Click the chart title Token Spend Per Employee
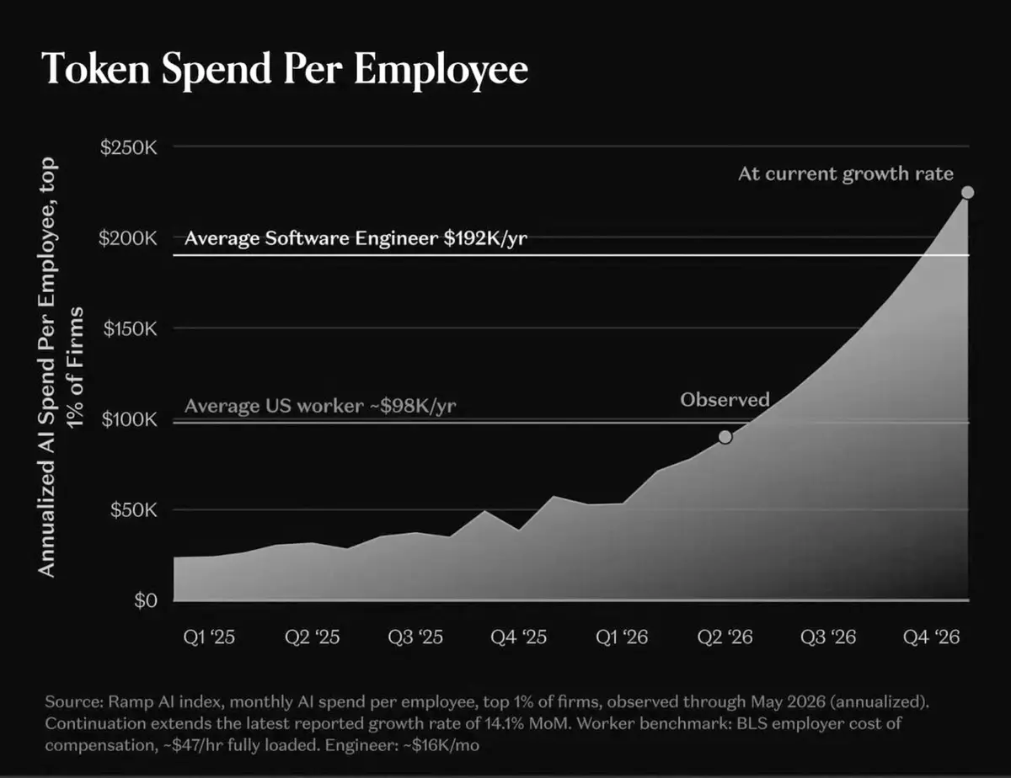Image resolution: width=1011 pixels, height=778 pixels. click(285, 70)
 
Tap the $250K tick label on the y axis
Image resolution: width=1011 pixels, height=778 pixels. click(129, 148)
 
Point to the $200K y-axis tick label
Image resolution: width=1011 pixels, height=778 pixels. click(128, 238)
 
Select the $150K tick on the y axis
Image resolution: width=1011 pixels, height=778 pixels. click(131, 328)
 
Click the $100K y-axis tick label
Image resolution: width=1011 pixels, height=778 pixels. click(130, 419)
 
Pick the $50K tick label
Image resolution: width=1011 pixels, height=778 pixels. click(134, 510)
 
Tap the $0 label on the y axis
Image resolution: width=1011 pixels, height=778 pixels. click(146, 600)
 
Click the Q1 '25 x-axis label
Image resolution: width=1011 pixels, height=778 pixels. click(209, 637)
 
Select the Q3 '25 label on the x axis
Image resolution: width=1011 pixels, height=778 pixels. click(415, 637)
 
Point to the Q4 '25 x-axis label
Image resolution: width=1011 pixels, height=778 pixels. click(519, 637)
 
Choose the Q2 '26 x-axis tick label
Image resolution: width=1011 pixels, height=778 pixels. click(725, 637)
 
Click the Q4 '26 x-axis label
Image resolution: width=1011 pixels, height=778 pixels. click(932, 637)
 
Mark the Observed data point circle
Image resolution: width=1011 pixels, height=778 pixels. click(725, 437)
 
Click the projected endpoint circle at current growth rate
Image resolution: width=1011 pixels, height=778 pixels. click(968, 193)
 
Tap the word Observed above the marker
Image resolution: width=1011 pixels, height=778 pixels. click(725, 400)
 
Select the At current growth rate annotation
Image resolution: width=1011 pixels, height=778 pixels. click(846, 174)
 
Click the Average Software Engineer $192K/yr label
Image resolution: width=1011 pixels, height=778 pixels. click(356, 238)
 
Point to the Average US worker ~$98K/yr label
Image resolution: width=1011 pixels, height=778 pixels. click(320, 406)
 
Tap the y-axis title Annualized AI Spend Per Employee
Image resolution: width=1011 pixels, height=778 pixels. click(47, 367)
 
